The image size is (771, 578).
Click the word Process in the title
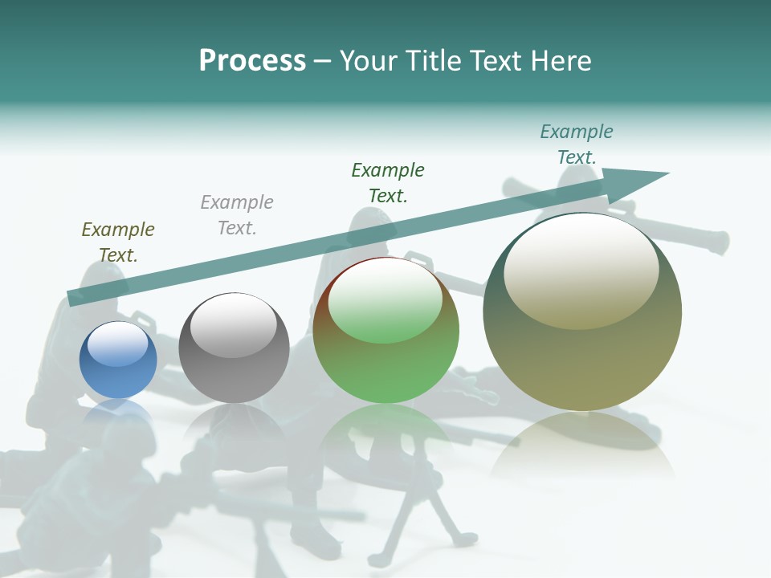[252, 60]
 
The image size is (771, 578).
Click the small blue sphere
[118, 373]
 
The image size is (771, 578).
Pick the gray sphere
[234, 369]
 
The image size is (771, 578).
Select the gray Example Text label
[237, 215]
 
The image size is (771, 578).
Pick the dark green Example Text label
[388, 183]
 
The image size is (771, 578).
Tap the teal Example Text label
[577, 144]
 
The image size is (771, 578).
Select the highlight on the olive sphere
[581, 271]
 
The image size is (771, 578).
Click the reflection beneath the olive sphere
[582, 450]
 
